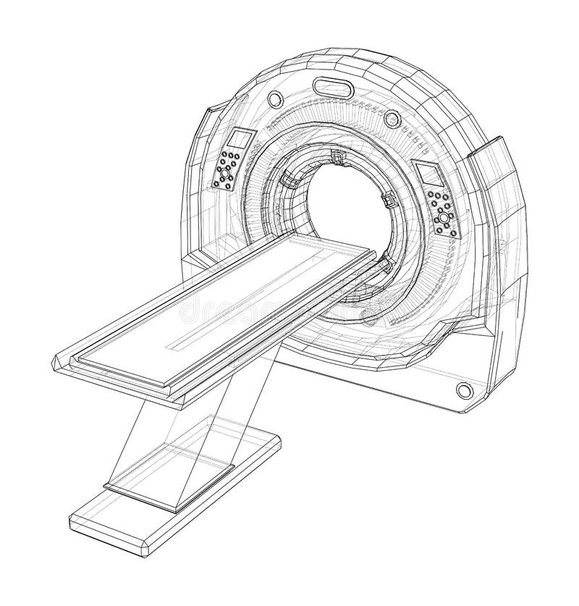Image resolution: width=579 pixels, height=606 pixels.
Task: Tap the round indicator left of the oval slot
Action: [x=275, y=98]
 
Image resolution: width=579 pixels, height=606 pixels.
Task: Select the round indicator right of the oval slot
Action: [x=392, y=117]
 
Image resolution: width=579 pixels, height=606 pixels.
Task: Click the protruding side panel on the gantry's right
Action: [x=496, y=217]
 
